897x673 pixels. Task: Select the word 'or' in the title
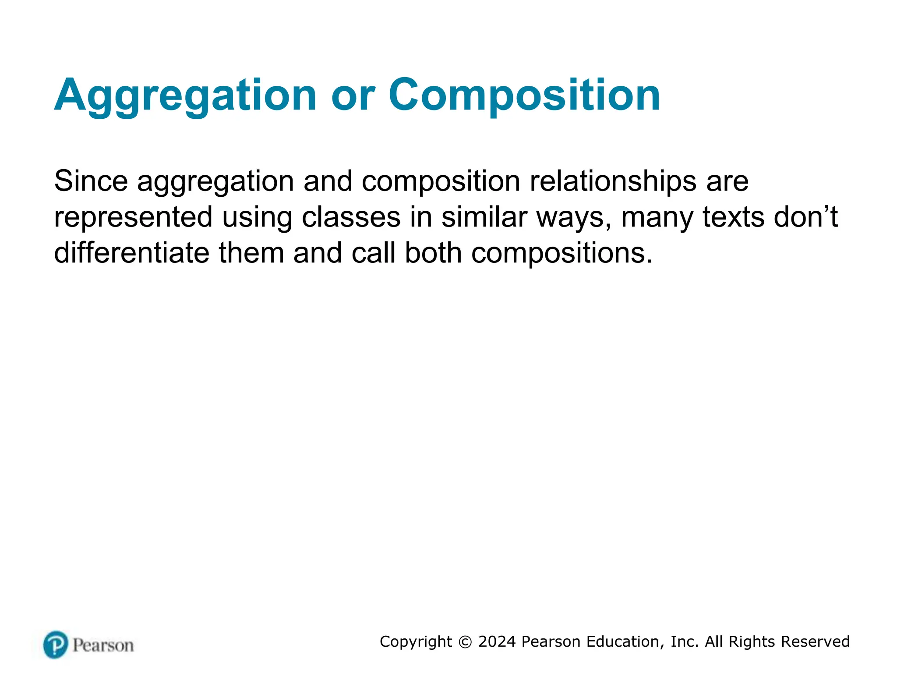353,96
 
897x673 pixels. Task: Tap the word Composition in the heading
524,96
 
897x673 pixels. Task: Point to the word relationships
613,181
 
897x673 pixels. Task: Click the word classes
351,217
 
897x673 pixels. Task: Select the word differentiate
131,253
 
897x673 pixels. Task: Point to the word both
433,253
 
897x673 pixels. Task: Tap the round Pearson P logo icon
56,645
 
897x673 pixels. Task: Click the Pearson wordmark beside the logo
103,645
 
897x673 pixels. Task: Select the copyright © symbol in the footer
465,642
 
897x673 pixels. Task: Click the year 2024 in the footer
497,641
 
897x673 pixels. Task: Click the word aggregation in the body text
215,181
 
